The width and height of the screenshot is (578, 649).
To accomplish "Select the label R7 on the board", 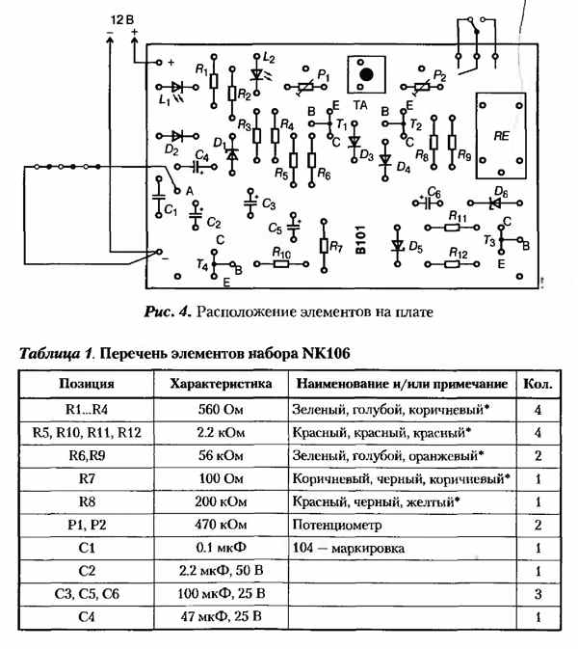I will tap(336, 247).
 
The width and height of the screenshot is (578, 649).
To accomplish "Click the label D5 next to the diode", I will tap(415, 248).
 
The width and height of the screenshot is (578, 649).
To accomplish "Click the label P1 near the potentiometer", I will tap(323, 74).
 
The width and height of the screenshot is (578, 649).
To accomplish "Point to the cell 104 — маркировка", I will tap(345, 548).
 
